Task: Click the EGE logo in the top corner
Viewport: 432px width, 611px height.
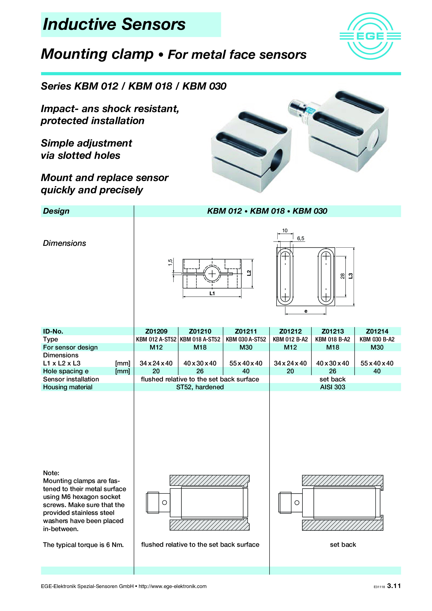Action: click(x=370, y=36)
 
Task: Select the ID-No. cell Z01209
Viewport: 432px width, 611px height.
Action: click(x=156, y=331)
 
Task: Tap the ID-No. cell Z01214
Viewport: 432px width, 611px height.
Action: click(x=377, y=331)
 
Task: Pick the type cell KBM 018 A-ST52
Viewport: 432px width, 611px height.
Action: click(x=200, y=339)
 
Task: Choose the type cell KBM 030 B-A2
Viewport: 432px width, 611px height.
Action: click(x=377, y=339)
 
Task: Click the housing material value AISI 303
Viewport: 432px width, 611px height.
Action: click(x=332, y=387)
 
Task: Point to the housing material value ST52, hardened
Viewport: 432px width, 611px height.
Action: click(x=200, y=387)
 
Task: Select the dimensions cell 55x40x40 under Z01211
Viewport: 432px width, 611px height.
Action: click(x=246, y=363)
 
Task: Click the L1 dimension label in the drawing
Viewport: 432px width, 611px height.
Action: click(x=212, y=293)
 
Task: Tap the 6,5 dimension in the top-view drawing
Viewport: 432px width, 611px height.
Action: click(x=301, y=238)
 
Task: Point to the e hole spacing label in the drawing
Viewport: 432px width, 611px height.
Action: click(x=306, y=311)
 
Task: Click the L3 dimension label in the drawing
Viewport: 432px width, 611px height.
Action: click(x=351, y=276)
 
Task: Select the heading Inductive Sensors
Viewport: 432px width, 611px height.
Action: click(x=114, y=24)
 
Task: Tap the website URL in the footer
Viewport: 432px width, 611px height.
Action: click(x=172, y=586)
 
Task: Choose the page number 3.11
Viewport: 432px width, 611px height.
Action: click(x=394, y=586)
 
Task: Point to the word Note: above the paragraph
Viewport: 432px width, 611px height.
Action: click(x=51, y=473)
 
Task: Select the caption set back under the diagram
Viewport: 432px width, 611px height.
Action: click(x=343, y=544)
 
